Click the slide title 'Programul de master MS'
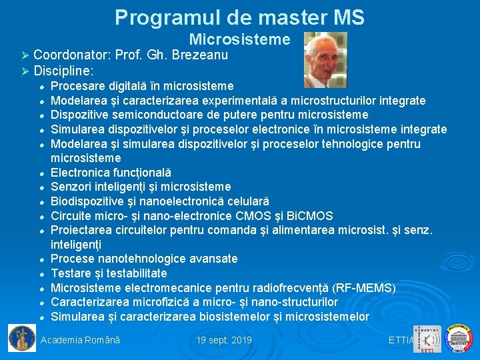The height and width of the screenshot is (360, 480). [239, 17]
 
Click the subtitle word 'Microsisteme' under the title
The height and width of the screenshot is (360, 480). [239, 40]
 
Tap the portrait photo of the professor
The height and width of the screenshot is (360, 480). [325, 60]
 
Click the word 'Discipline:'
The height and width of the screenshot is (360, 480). [63, 70]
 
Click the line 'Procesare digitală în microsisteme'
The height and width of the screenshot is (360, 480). [142, 86]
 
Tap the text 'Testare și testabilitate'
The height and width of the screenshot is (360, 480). [109, 273]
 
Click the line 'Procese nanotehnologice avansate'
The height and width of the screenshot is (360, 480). [144, 259]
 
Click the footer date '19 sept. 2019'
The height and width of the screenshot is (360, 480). [224, 341]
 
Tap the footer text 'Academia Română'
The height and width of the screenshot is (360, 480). [81, 341]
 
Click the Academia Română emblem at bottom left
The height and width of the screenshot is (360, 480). [21, 338]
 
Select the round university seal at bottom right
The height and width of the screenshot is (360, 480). [459, 338]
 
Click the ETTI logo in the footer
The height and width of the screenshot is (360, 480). [427, 339]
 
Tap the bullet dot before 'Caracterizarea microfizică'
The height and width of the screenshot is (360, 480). [41, 303]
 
